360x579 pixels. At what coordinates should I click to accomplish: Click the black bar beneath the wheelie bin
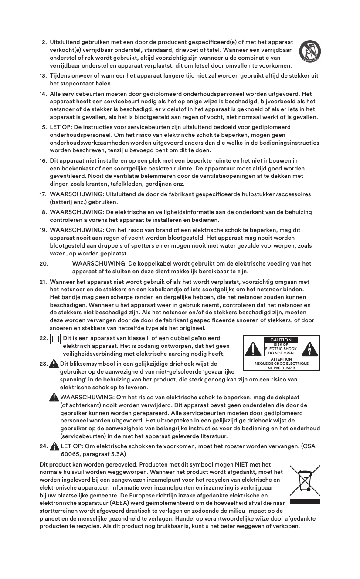[305, 502]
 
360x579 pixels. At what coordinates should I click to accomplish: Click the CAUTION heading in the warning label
[281, 340]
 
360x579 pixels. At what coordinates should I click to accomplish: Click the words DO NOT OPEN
[281, 353]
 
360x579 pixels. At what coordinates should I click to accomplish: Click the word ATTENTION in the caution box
[281, 359]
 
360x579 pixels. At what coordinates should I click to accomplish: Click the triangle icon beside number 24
[54, 446]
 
